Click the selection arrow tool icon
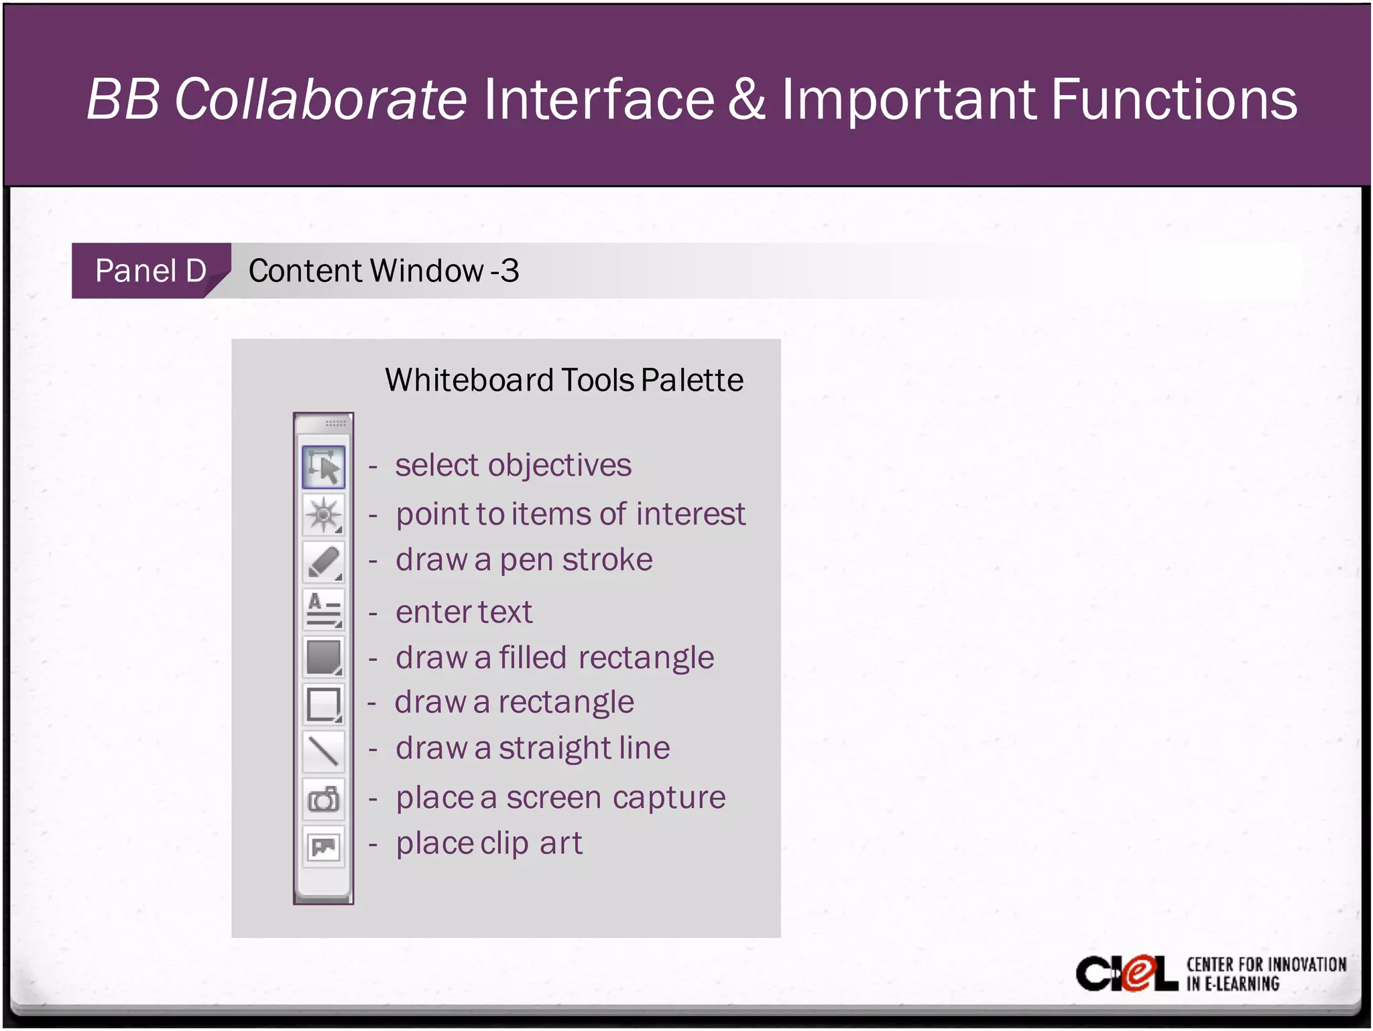pos(324,467)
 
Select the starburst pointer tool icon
pos(324,514)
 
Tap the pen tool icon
pos(324,561)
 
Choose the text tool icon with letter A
pos(324,608)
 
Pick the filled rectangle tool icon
pos(324,657)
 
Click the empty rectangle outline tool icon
pos(324,704)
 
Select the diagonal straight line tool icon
pos(324,750)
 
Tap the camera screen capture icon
pos(324,799)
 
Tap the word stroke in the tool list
pos(607,560)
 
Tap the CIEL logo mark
pos(1126,973)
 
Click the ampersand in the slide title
pos(746,99)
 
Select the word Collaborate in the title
pos(320,99)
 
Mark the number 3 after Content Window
pos(510,271)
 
